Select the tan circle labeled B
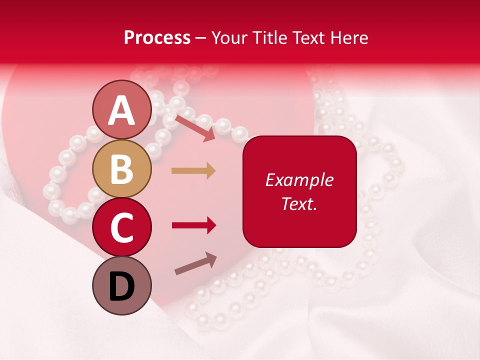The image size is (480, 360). click(122, 168)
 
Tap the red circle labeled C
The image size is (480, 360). click(122, 227)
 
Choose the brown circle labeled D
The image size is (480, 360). click(122, 285)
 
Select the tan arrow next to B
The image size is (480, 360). click(193, 171)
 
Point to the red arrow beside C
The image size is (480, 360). click(194, 226)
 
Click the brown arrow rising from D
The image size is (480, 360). click(195, 263)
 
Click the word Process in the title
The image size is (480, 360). click(157, 37)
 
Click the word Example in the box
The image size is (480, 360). click(299, 180)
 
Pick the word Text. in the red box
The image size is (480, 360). click(299, 203)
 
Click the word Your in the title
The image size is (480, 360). click(230, 37)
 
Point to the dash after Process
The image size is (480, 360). click(200, 38)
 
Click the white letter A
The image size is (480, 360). click(122, 110)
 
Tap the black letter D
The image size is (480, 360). click(122, 286)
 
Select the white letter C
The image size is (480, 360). click(122, 227)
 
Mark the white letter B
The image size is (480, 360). click(122, 169)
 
